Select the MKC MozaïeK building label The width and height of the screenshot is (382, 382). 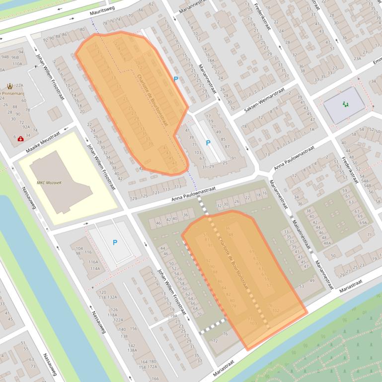click(x=49, y=183)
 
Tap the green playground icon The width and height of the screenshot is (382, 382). click(x=345, y=104)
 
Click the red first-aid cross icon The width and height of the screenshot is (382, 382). click(x=20, y=139)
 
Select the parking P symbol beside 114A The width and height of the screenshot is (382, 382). click(x=115, y=242)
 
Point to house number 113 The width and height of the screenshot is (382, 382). click(x=177, y=187)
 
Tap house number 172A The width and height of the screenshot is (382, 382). click(x=152, y=367)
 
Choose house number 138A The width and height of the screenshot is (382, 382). click(x=132, y=350)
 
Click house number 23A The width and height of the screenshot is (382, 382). click(x=357, y=58)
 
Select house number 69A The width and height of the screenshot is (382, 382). click(x=363, y=223)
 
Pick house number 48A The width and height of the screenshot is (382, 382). click(x=326, y=243)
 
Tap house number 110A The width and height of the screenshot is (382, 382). click(x=17, y=64)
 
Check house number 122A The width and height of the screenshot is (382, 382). click(x=118, y=320)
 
